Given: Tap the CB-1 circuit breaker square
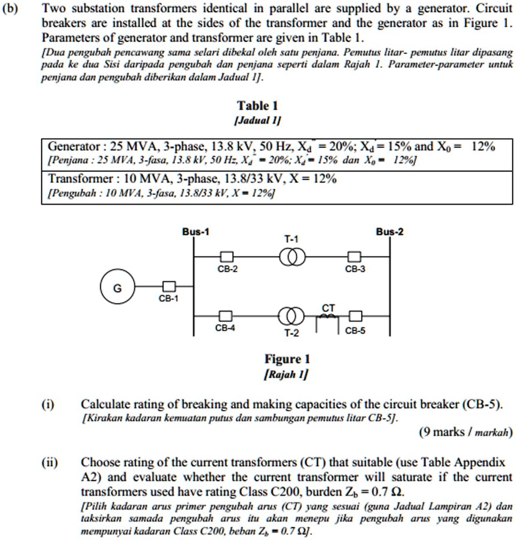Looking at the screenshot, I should [x=169, y=287].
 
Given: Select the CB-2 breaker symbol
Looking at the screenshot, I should [x=226, y=257].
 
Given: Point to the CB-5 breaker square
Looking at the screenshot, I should [x=355, y=316].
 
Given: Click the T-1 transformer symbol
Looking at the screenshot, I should [x=292, y=257].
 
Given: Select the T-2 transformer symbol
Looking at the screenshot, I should [x=292, y=316].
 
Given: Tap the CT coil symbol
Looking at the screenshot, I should [x=328, y=317].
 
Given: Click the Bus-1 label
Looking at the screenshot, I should [x=196, y=232].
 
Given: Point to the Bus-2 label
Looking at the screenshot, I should [x=389, y=232].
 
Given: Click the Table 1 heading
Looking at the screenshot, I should [x=258, y=105].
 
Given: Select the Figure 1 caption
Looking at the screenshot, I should [x=287, y=359].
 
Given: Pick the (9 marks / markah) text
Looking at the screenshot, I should [x=466, y=431].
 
